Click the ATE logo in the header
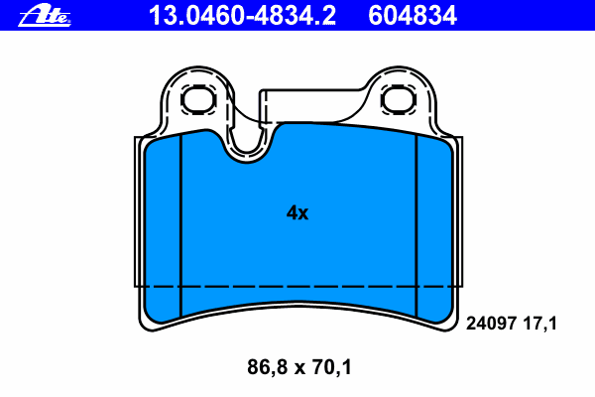coord(45,15)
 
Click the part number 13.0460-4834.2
coord(242,16)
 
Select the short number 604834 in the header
coord(413,16)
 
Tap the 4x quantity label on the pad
coord(297,212)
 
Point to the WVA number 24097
coord(492,324)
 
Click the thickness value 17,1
coord(540,325)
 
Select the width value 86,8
coord(268,367)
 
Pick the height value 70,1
coord(332,367)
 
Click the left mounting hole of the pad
coord(198,99)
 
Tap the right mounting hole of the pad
coord(398,99)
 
